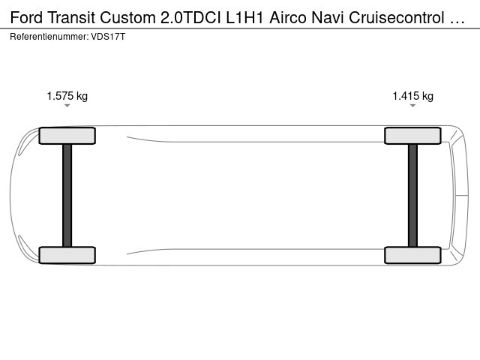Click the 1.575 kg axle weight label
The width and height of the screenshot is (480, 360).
pos(67,96)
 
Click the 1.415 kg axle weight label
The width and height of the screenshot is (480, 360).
pos(412,96)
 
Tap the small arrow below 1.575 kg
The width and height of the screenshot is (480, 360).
pos(67,106)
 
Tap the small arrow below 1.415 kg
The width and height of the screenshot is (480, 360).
pos(412,106)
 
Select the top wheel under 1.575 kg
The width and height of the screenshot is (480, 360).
pos(67,136)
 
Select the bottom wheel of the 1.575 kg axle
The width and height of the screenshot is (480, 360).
pos(67,255)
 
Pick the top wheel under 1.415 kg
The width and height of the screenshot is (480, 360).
pos(412,136)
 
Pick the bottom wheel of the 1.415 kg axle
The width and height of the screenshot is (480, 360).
pos(412,255)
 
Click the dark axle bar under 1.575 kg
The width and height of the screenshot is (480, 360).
pos(67,195)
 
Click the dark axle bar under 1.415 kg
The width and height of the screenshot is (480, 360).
pos(412,195)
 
